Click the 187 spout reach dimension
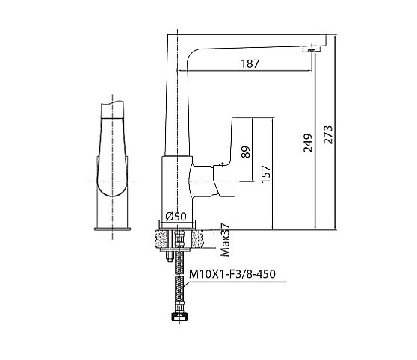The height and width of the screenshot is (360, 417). click(251, 64)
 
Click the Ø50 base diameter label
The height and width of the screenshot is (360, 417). click(176, 217)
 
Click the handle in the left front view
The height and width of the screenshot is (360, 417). click(113, 149)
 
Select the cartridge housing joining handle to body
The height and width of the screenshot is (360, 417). click(204, 179)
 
